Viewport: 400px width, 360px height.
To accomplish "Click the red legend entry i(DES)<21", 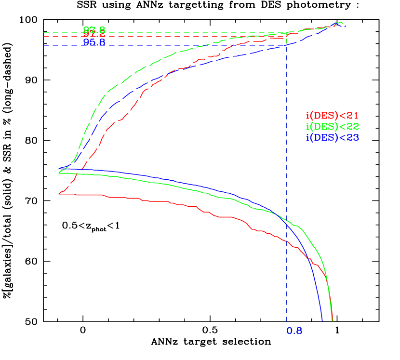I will [332, 116].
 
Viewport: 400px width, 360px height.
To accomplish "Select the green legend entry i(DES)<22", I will [332, 127].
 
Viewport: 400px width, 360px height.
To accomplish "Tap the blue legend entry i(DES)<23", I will [332, 137].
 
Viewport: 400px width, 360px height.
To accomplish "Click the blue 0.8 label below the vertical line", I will [294, 331].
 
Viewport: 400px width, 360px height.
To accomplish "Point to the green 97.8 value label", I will [94, 29].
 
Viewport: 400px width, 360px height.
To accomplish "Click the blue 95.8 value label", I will [94, 42].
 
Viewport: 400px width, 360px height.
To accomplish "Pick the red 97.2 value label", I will [94, 35].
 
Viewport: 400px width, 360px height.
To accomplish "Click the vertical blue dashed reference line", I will [286, 145].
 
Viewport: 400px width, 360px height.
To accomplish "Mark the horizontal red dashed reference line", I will [63, 36].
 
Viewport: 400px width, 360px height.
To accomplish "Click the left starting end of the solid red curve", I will [59, 194].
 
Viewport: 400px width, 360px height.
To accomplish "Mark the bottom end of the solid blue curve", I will [321, 319].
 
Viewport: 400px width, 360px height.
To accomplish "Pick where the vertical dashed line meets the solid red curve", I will [286, 241].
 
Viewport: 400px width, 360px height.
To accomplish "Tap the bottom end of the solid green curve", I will [332, 320].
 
